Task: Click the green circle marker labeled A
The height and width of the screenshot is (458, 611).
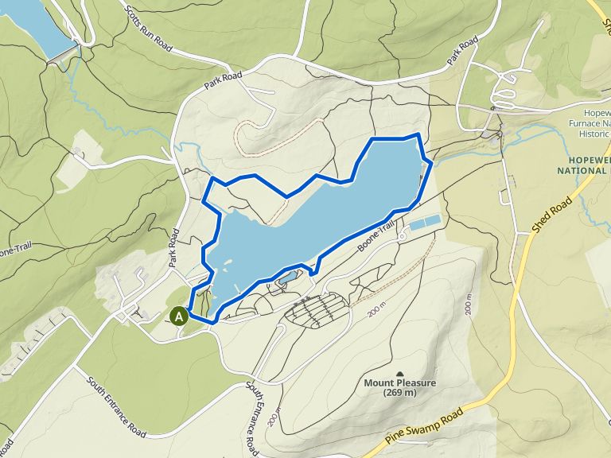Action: pyautogui.click(x=180, y=316)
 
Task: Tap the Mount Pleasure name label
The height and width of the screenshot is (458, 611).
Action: pyautogui.click(x=400, y=382)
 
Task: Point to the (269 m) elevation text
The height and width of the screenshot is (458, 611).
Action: pyautogui.click(x=400, y=392)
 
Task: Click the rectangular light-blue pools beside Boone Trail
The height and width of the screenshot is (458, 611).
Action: pyautogui.click(x=423, y=223)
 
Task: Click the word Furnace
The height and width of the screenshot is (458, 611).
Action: pyautogui.click(x=589, y=124)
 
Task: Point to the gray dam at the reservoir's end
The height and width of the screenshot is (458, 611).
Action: pyautogui.click(x=62, y=54)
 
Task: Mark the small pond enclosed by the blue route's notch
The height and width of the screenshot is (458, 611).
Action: pyautogui.click(x=288, y=277)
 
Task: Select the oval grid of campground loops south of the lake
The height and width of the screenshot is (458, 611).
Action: pyautogui.click(x=317, y=309)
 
